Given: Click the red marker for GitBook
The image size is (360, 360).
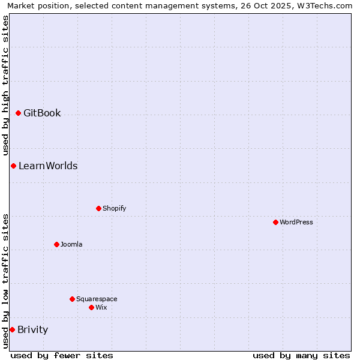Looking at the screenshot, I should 18,113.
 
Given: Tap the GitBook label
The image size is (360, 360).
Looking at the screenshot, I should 42,113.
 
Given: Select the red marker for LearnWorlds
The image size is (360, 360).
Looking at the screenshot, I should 13,166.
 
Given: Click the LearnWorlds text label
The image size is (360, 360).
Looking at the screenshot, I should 48,166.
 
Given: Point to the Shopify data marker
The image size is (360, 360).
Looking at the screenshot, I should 98,208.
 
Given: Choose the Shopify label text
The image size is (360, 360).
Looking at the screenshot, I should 114,208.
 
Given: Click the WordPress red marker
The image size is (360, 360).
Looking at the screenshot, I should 275,222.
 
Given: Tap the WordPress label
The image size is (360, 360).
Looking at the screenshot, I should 296,222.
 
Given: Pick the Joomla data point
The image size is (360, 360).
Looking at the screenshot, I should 56,244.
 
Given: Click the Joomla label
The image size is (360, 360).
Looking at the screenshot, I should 71,244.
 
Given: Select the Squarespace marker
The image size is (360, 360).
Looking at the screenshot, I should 72,299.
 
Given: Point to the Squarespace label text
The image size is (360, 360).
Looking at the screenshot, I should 97,299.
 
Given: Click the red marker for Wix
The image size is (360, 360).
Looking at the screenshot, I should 91,307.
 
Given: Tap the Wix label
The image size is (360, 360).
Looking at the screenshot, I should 101,307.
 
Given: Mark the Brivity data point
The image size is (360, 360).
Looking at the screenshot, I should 12,329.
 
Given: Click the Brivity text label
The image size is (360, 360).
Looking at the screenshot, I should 32,329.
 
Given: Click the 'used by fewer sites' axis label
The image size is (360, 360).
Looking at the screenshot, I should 62,355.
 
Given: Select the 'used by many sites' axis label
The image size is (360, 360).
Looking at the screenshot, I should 301,355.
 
